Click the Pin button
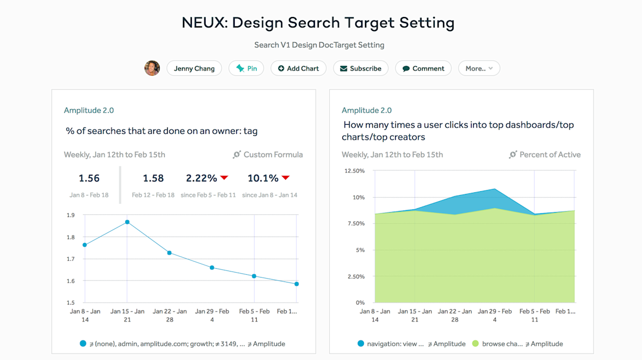246,69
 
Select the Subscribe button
360,69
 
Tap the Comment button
423,69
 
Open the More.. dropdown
479,69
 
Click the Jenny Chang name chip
194,69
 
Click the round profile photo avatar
152,68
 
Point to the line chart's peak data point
127,222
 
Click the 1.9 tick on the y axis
71,215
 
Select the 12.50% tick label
354,171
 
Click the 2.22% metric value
201,178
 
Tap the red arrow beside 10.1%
285,178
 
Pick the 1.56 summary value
89,178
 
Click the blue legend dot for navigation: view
361,344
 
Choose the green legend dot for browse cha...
475,344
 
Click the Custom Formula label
273,154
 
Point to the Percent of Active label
550,154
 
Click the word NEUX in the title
203,23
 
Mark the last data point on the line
297,284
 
